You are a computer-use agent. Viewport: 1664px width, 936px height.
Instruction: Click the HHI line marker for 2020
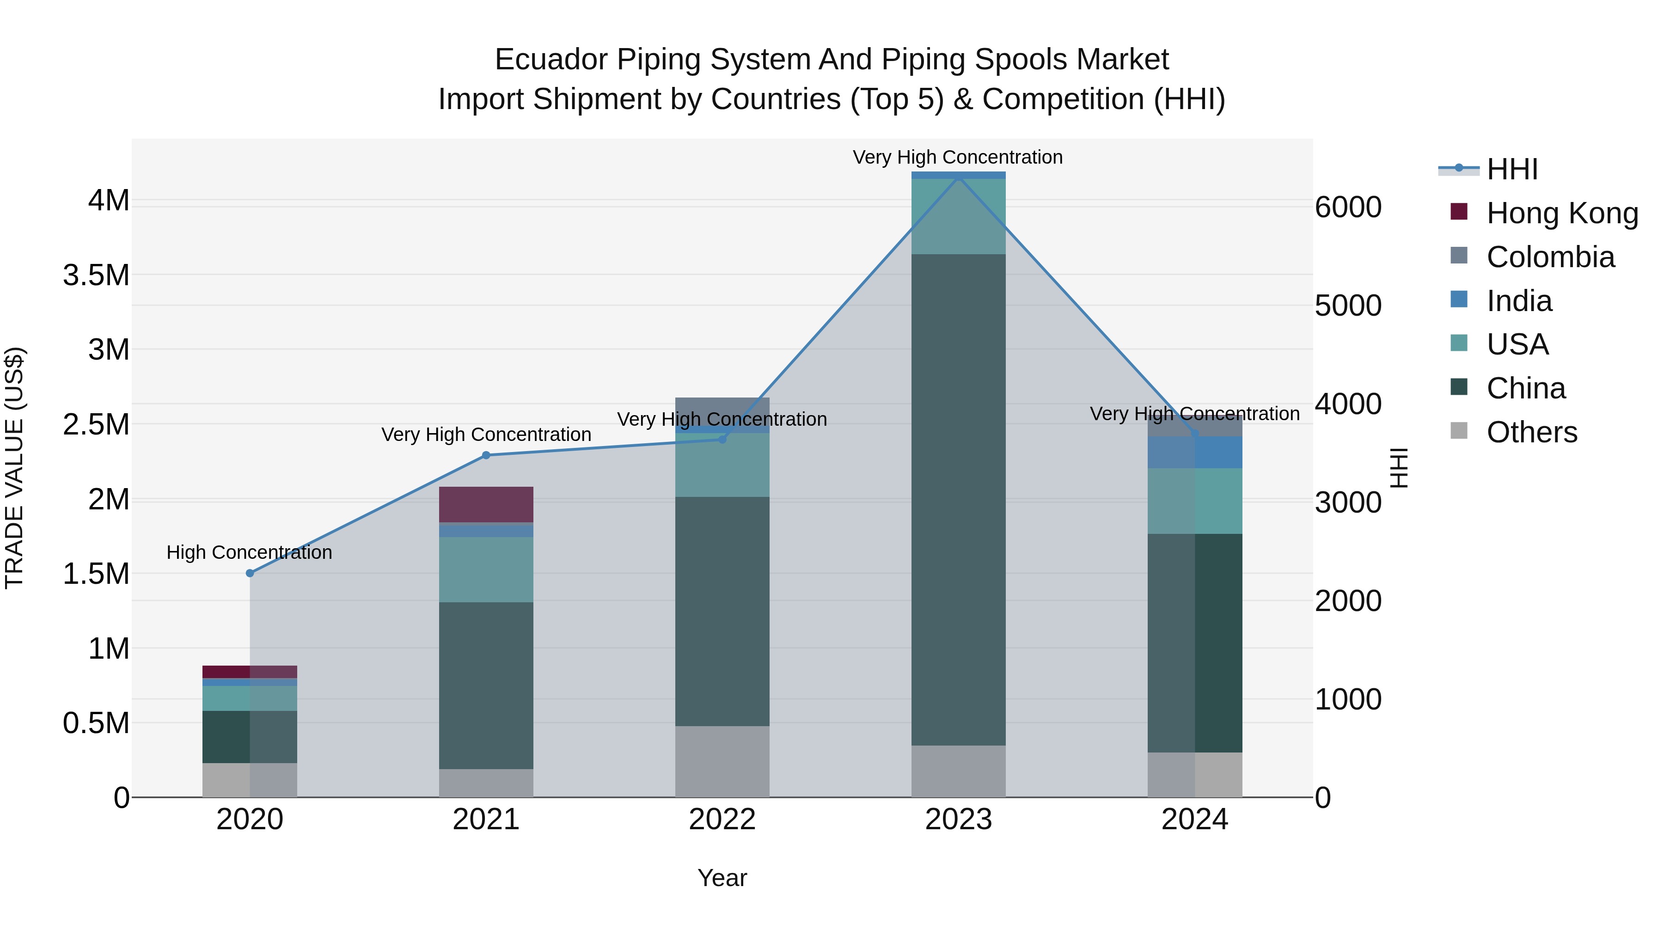coord(250,573)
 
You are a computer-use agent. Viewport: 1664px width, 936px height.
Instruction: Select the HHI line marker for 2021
coord(486,455)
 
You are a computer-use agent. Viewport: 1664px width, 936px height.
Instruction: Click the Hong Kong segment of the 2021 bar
coord(486,504)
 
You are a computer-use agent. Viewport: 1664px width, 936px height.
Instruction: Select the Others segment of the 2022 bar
coord(722,762)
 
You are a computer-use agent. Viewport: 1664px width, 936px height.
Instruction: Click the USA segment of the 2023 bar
coord(959,216)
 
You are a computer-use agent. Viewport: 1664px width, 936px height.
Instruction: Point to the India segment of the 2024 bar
coord(1195,452)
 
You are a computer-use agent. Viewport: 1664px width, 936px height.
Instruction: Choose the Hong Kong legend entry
coord(1561,213)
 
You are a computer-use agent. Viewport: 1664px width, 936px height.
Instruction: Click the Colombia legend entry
coord(1550,257)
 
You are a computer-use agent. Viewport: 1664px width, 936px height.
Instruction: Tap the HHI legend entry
coord(1511,169)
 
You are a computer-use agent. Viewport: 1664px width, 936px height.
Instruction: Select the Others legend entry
coord(1531,432)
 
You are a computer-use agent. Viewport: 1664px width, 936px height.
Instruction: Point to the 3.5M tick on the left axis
coord(96,275)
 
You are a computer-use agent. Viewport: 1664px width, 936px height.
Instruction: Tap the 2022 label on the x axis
coord(722,820)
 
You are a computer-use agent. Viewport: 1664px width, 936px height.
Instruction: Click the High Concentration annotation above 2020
coord(249,552)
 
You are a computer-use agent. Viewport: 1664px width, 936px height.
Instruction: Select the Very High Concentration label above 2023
coord(957,157)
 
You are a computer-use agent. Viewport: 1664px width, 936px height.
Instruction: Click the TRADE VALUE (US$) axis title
coord(14,468)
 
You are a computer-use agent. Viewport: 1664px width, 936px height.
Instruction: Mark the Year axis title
coord(722,878)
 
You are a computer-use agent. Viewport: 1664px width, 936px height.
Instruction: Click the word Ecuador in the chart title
coord(551,60)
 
